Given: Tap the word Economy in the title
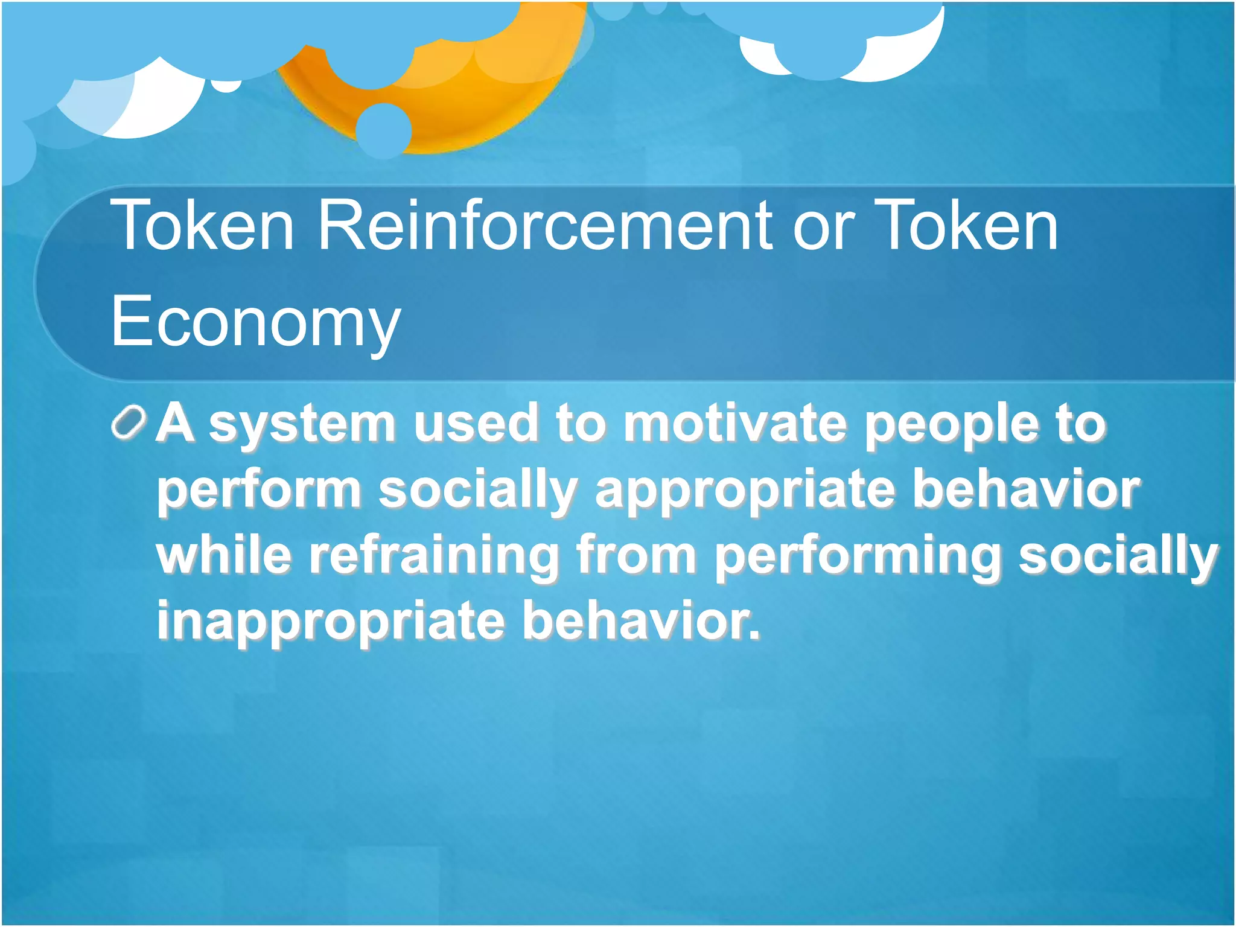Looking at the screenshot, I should tap(255, 323).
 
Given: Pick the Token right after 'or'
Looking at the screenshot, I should tap(966, 226).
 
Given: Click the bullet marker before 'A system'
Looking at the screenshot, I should tap(129, 422).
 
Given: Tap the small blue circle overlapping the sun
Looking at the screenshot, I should tap(383, 130).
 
